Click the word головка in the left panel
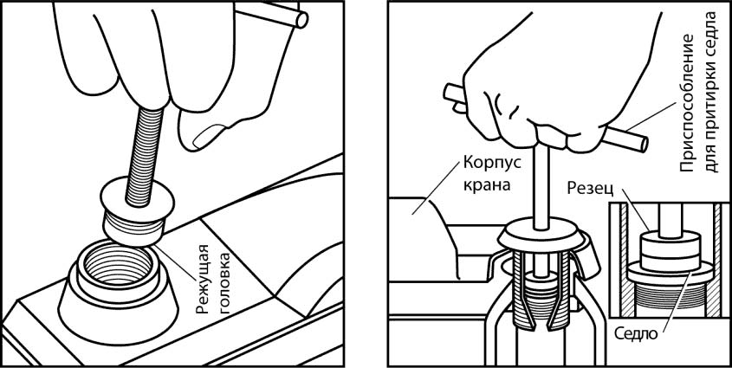[x=225, y=281]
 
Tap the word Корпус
[x=492, y=165]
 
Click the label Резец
[x=588, y=189]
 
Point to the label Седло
[x=635, y=334]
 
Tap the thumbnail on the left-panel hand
[x=205, y=136]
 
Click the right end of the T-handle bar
[x=641, y=143]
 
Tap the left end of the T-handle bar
[x=448, y=92]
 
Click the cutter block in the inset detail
[x=670, y=252]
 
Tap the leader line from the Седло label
[x=677, y=300]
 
